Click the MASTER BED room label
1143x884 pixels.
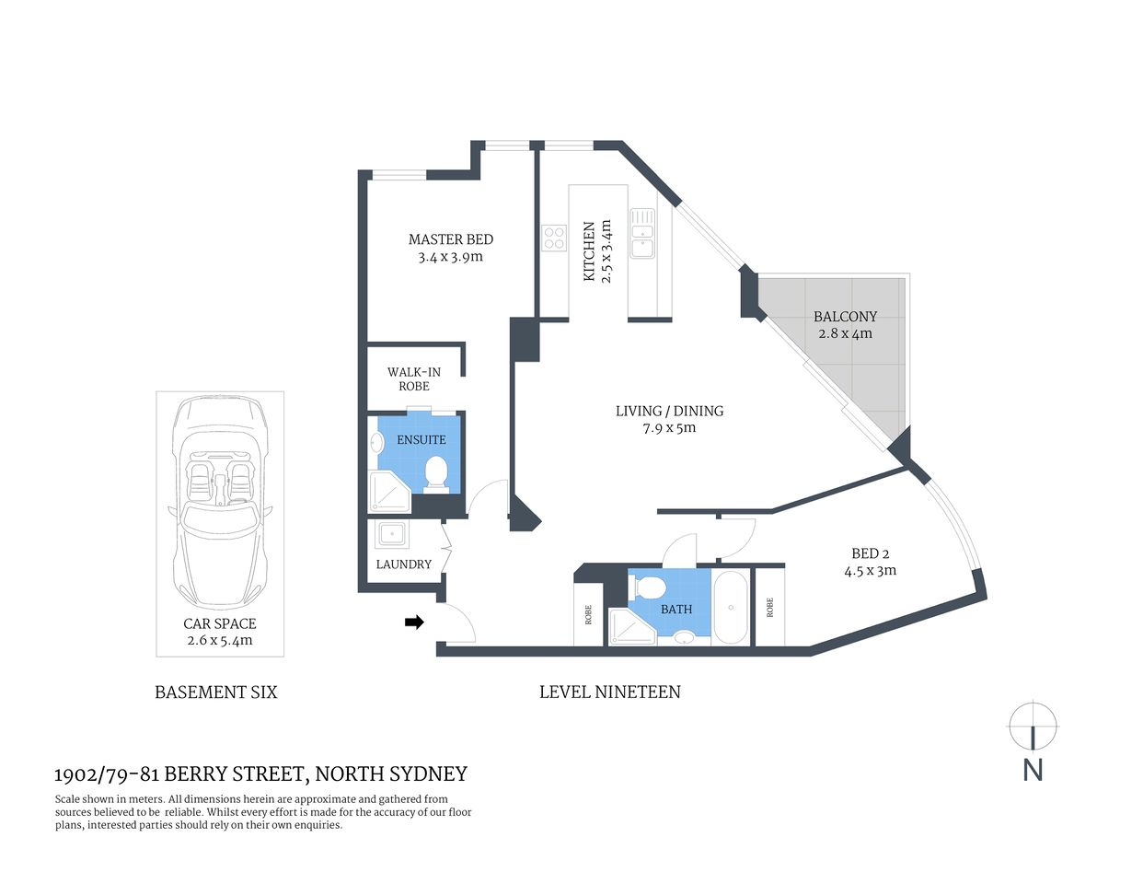click(x=450, y=239)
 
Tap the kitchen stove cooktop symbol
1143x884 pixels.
click(x=554, y=238)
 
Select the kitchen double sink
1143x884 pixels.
click(x=641, y=232)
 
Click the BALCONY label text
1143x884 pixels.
click(x=845, y=316)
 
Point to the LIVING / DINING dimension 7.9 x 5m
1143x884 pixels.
click(x=669, y=427)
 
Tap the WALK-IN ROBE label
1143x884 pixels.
click(x=413, y=378)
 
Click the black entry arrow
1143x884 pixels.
click(x=414, y=622)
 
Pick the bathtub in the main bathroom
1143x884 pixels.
click(x=732, y=607)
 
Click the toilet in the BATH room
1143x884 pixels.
click(x=650, y=586)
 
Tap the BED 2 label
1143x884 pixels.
click(x=870, y=553)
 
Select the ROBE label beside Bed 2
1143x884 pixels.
click(x=769, y=608)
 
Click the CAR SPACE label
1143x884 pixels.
click(x=219, y=623)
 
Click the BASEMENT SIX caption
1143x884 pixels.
click(x=215, y=692)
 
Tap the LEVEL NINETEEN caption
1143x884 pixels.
click(x=609, y=692)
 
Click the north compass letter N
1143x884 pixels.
click(x=1033, y=770)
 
